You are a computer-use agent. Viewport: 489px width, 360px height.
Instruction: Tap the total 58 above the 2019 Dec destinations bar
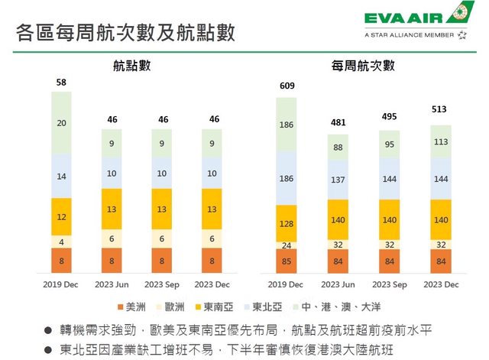(x=61, y=82)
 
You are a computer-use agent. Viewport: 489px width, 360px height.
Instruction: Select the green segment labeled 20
(x=61, y=122)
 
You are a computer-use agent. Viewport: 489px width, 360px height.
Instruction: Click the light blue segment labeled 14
(x=61, y=176)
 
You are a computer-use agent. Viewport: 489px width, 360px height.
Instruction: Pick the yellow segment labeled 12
(x=61, y=217)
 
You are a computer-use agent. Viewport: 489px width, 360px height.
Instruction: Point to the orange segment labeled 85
(x=286, y=261)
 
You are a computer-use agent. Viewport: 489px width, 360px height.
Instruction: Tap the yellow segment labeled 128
(x=286, y=222)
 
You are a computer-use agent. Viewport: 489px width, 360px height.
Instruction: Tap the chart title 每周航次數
(x=360, y=66)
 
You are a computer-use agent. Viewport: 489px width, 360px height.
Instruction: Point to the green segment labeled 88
(x=338, y=148)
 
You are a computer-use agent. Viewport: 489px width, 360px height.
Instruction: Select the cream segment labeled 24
(x=286, y=245)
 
